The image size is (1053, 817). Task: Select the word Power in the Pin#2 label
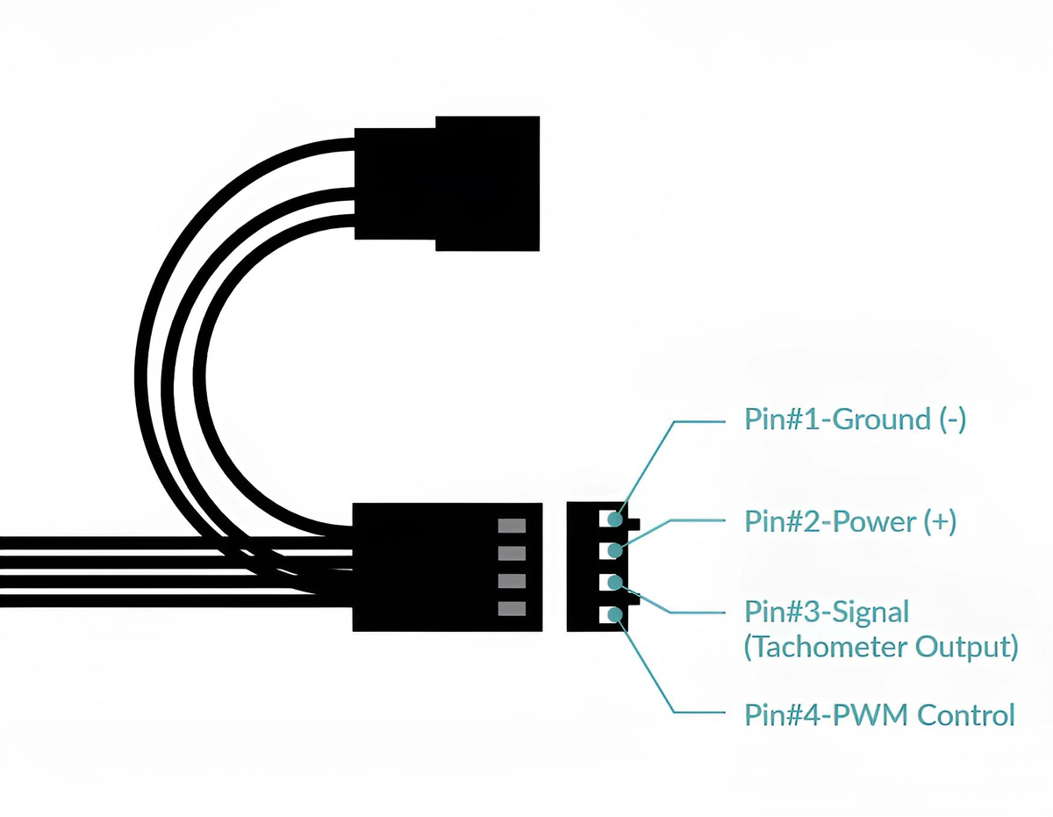(873, 522)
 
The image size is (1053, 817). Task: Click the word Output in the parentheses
(966, 648)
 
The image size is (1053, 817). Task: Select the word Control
(966, 714)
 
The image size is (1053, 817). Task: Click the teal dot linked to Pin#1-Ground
(614, 519)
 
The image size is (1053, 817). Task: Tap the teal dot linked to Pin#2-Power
(614, 551)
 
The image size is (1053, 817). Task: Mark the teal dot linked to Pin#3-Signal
(614, 583)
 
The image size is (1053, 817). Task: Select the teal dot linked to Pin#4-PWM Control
(614, 614)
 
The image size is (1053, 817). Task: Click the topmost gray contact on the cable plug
(512, 526)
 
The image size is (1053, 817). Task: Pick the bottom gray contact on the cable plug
(512, 609)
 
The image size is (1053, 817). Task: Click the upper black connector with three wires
(448, 183)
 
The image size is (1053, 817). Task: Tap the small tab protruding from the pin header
(636, 525)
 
